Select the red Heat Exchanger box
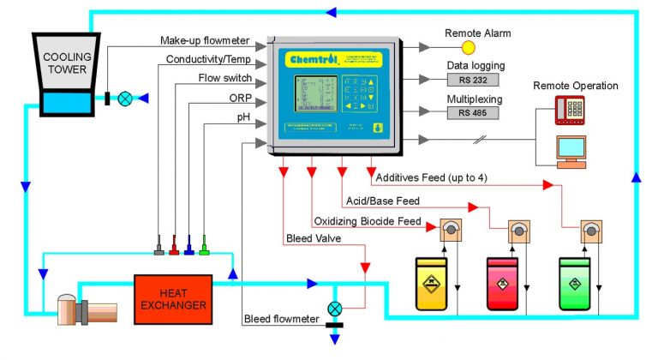click(x=172, y=299)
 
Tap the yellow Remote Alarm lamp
click(x=468, y=47)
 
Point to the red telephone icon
click(x=569, y=108)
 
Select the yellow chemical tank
click(x=434, y=282)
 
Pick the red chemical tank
click(x=504, y=282)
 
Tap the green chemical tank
click(x=576, y=282)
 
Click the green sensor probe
click(x=204, y=249)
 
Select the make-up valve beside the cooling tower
click(x=126, y=98)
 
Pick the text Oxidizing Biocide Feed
click(x=367, y=221)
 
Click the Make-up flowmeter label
click(x=203, y=40)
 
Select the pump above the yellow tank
click(x=450, y=230)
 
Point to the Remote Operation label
click(x=575, y=86)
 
